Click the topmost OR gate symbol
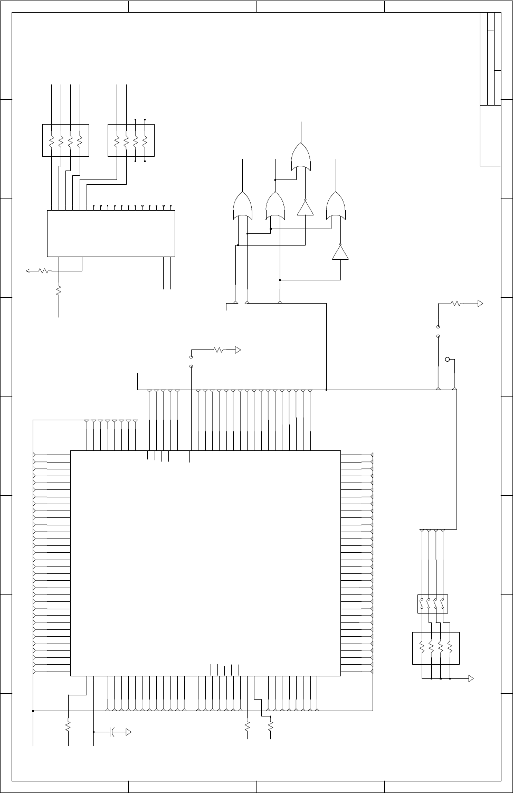tap(301, 156)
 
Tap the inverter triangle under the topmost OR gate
tap(305, 208)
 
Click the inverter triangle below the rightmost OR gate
tap(340, 252)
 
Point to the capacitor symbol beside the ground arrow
tap(113, 732)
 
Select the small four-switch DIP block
tap(433, 603)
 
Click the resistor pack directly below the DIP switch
tap(435, 648)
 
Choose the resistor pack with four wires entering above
tap(65, 140)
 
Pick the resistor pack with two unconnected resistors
tap(131, 140)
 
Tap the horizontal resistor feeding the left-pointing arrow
tap(44, 271)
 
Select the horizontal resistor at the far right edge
tap(456, 304)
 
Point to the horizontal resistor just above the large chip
tap(218, 350)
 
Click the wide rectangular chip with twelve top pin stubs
tap(111, 233)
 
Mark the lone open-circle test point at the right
tap(448, 360)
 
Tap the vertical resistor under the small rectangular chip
tap(59, 290)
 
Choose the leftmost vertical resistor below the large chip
tap(68, 726)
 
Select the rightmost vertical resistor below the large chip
tap(270, 726)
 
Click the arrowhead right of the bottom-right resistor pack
tap(471, 678)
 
